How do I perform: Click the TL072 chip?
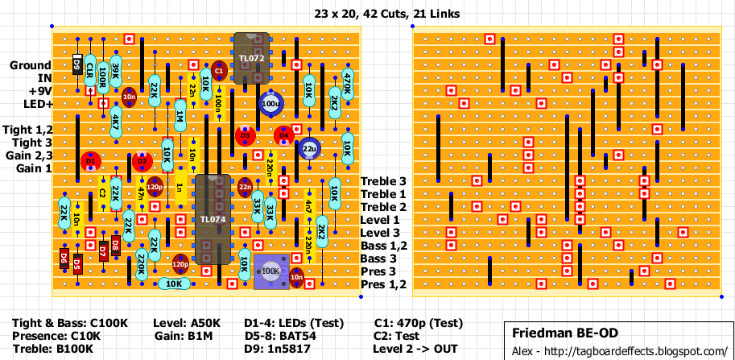click(x=252, y=58)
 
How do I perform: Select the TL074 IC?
click(x=213, y=219)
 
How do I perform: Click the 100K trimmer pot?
click(x=270, y=271)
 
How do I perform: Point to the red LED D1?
click(x=90, y=162)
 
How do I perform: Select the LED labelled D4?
click(x=283, y=136)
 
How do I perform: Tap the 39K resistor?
click(x=116, y=72)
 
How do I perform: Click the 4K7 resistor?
click(x=116, y=122)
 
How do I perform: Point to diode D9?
click(x=77, y=65)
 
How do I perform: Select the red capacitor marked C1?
click(x=219, y=72)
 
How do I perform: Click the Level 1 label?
click(x=381, y=220)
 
